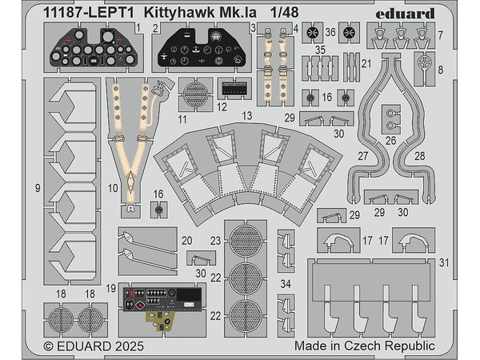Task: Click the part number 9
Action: (x=39, y=189)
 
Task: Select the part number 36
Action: (x=330, y=31)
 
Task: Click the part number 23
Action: (x=215, y=241)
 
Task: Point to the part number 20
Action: (x=186, y=241)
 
